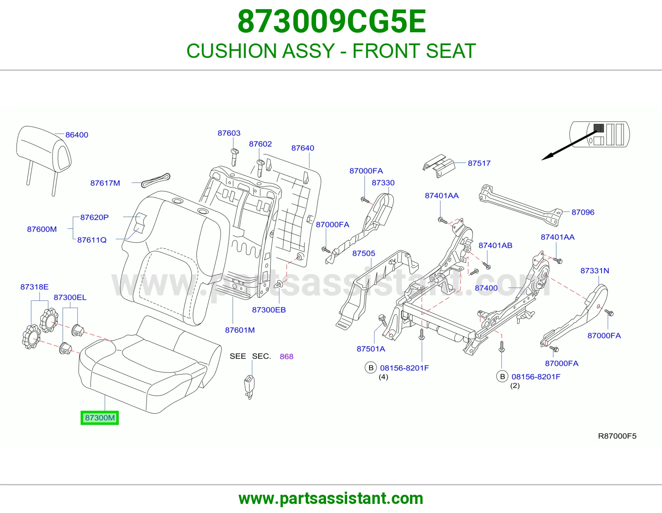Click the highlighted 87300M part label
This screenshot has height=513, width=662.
tap(100, 418)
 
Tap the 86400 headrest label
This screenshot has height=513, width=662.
tap(77, 134)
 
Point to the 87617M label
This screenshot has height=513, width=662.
tap(105, 183)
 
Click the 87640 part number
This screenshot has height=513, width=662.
tap(302, 148)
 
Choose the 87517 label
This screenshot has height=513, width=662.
tap(479, 163)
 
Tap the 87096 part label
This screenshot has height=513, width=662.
tap(583, 212)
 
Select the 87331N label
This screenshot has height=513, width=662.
tap(595, 271)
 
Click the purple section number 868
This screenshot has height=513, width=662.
tap(286, 357)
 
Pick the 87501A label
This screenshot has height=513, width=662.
tap(371, 349)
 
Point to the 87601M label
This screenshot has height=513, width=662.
tap(240, 330)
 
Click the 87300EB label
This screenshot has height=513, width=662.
tap(269, 310)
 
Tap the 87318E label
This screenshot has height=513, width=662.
tap(34, 287)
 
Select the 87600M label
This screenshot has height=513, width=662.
tap(42, 229)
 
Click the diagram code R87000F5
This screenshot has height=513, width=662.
tap(617, 436)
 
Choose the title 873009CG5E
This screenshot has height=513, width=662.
tap(331, 22)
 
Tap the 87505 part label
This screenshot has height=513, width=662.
tap(363, 254)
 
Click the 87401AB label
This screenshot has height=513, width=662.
tap(495, 245)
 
